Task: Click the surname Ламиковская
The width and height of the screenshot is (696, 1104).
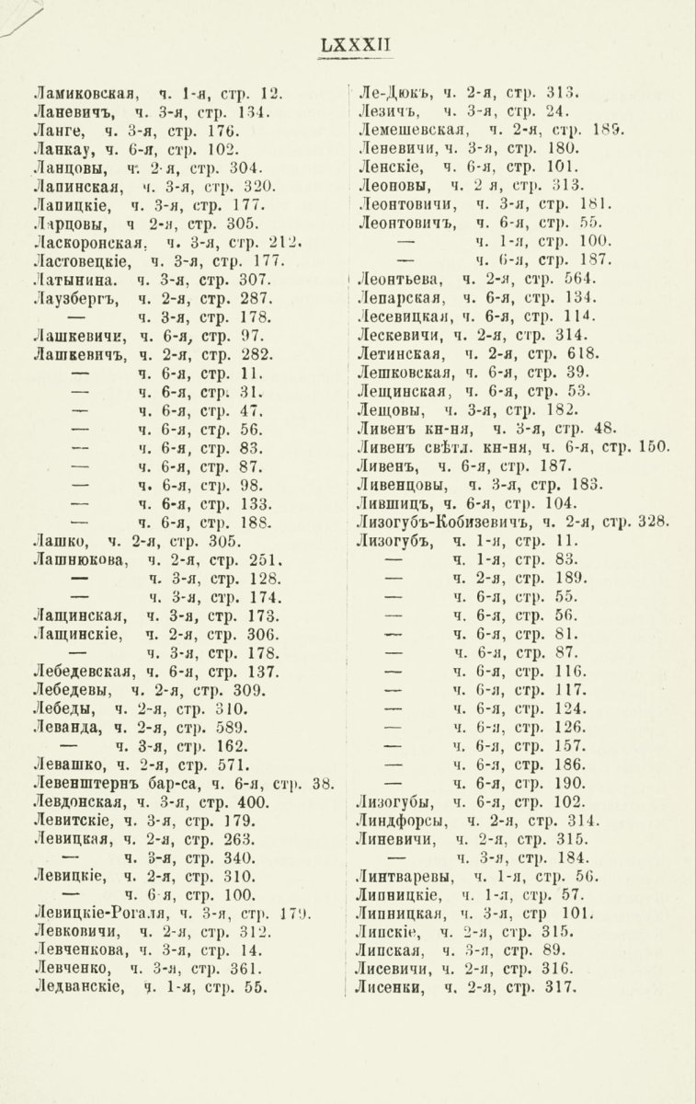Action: (85, 92)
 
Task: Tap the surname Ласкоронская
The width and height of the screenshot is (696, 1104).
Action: (90, 242)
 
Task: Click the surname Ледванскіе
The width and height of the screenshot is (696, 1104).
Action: (80, 989)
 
